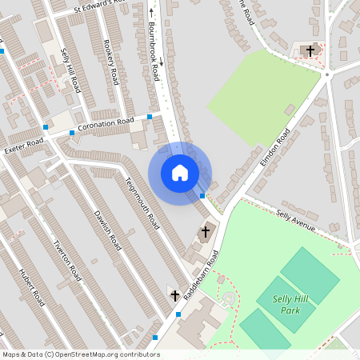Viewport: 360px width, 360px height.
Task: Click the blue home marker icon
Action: coord(180,172)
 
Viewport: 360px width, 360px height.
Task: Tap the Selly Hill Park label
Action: coord(290,304)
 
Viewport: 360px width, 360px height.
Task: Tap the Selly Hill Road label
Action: coord(70,69)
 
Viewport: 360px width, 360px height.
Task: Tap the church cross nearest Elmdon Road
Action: coord(205,232)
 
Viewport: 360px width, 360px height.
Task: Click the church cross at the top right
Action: coord(310,50)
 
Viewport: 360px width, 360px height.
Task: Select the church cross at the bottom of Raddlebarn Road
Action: coord(174,296)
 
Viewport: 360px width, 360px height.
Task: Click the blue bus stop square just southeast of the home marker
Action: coord(202,195)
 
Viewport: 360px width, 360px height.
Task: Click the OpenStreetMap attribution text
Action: coord(80,354)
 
